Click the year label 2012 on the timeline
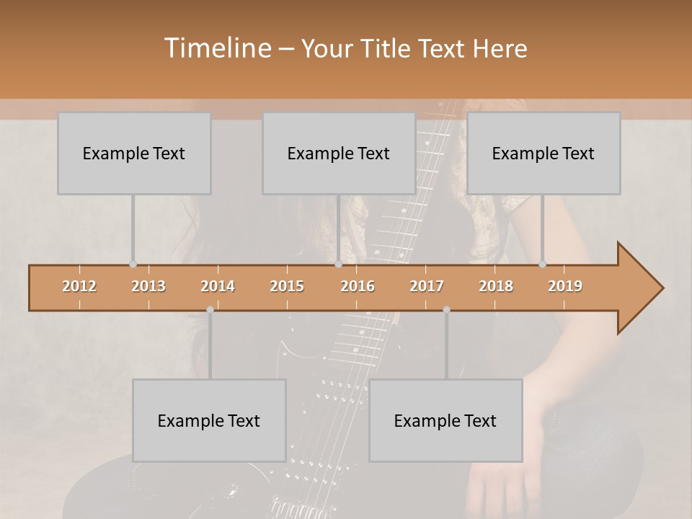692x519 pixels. (x=79, y=286)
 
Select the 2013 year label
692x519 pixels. (x=148, y=286)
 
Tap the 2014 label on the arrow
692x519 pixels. (x=218, y=286)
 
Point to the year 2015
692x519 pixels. (x=287, y=286)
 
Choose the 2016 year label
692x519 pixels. (x=358, y=286)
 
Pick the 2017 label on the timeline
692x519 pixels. (x=427, y=286)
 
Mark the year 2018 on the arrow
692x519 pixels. (x=496, y=286)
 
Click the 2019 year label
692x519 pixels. (x=565, y=286)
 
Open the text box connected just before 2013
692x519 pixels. (x=134, y=153)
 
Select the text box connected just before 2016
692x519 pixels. (x=339, y=153)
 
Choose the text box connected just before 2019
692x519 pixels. (x=544, y=153)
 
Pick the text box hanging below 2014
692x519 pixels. (x=209, y=420)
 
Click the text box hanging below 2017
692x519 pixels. (x=445, y=420)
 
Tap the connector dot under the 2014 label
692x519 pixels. (x=210, y=310)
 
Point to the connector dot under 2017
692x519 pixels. (x=446, y=310)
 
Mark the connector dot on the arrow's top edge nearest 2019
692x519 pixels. (x=543, y=265)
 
